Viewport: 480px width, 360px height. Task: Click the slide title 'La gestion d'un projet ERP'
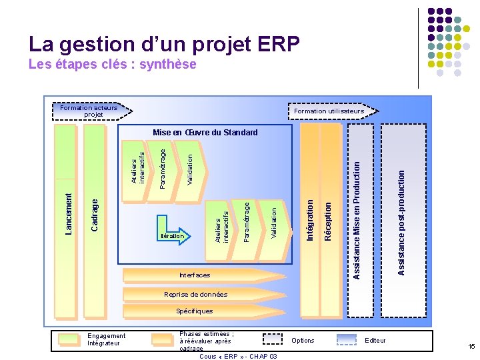[164, 44]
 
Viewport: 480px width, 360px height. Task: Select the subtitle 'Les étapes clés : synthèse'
[113, 65]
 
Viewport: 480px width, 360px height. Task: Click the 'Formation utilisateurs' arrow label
[333, 111]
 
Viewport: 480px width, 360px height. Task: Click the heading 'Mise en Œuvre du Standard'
[205, 133]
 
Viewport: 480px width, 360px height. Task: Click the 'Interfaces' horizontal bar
[195, 275]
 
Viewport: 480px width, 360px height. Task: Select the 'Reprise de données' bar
[195, 294]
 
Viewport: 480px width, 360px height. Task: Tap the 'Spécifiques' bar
[195, 311]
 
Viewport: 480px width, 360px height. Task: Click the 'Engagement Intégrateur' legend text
[106, 340]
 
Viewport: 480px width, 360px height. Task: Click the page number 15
[471, 346]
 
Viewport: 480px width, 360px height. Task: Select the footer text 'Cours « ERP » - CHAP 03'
[238, 356]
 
